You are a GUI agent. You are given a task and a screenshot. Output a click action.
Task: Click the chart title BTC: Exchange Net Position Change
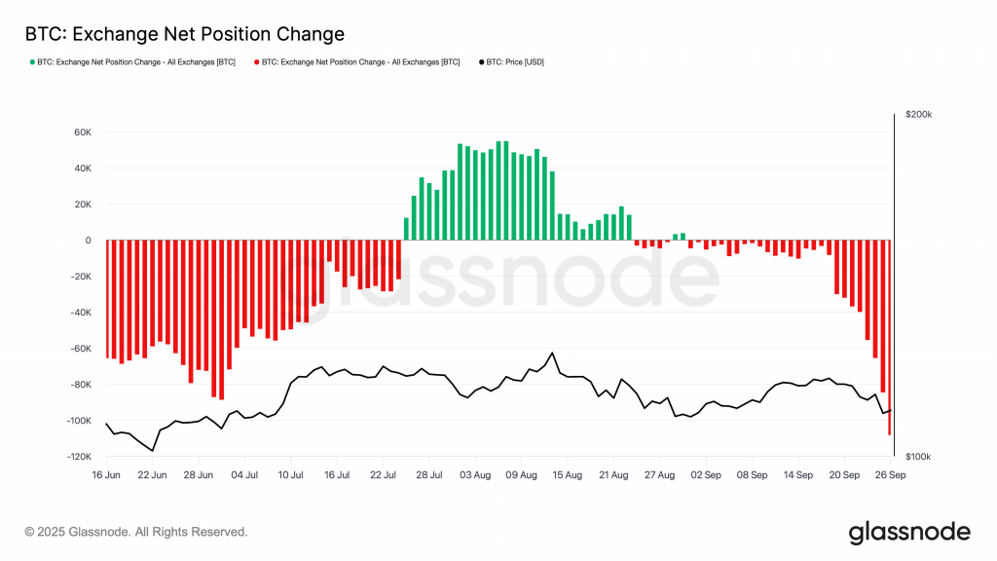click(185, 34)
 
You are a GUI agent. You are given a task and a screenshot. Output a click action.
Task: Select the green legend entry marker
click(31, 61)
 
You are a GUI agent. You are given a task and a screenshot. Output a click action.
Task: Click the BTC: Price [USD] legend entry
click(514, 61)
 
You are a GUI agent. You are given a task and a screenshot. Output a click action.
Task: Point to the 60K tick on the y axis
click(81, 132)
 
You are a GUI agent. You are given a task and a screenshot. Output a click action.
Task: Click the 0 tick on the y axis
click(88, 241)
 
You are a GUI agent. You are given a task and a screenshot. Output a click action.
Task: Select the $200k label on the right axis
click(918, 115)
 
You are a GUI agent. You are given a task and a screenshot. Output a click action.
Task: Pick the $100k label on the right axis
click(918, 457)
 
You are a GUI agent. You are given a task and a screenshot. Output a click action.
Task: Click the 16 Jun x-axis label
click(106, 475)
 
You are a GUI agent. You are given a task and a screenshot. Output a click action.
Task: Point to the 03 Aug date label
click(474, 475)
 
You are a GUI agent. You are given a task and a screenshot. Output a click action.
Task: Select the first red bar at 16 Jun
click(107, 299)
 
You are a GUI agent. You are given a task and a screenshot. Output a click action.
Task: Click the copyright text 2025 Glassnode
click(136, 532)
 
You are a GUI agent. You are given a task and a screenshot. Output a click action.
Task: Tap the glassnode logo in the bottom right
click(909, 532)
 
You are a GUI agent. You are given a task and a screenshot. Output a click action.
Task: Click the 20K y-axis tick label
click(81, 205)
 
